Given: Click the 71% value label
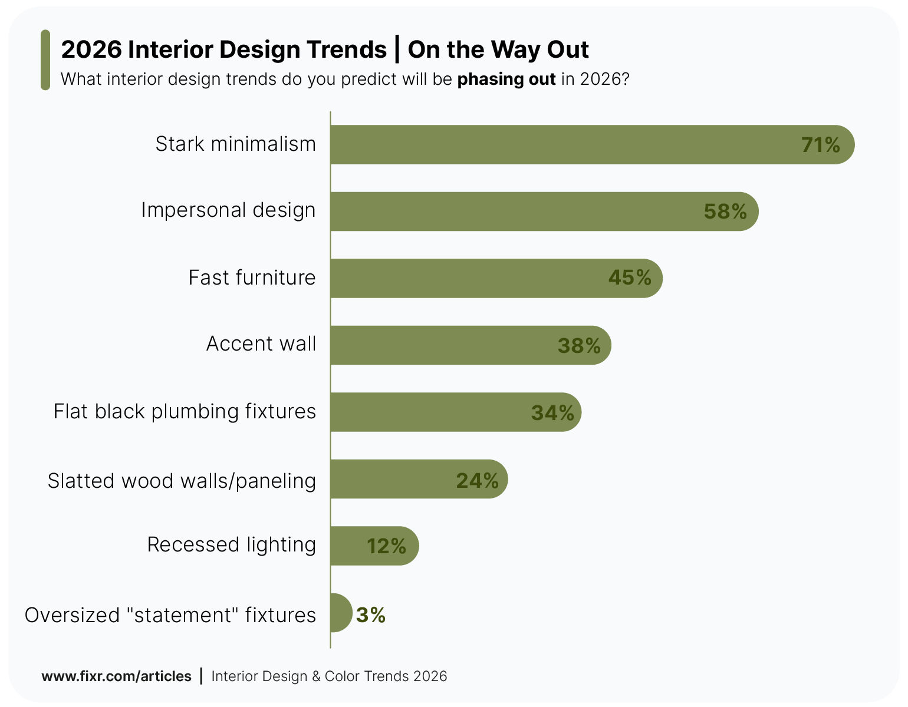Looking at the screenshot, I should click(820, 145).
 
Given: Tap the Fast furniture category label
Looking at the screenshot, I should click(252, 277).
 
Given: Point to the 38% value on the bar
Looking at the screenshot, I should click(579, 346).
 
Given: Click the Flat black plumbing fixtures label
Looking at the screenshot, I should click(185, 411).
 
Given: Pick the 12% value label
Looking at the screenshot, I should click(386, 546).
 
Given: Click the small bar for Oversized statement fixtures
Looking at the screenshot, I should click(340, 613).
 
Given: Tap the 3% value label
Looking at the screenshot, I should click(371, 615).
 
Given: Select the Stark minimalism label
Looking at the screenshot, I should click(235, 144).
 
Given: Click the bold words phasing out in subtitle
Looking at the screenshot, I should click(506, 79).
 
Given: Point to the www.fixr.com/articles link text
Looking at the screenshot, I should click(116, 676).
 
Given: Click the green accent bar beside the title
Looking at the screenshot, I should click(45, 60).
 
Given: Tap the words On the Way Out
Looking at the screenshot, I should click(498, 49).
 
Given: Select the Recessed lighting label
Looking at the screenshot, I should click(231, 544).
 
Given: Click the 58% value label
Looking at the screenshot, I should click(725, 212).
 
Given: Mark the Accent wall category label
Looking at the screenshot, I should click(261, 343).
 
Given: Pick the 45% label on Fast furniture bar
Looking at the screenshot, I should click(630, 277).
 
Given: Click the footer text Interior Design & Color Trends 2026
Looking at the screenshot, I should click(329, 676).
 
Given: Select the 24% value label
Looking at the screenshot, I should click(477, 481).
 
